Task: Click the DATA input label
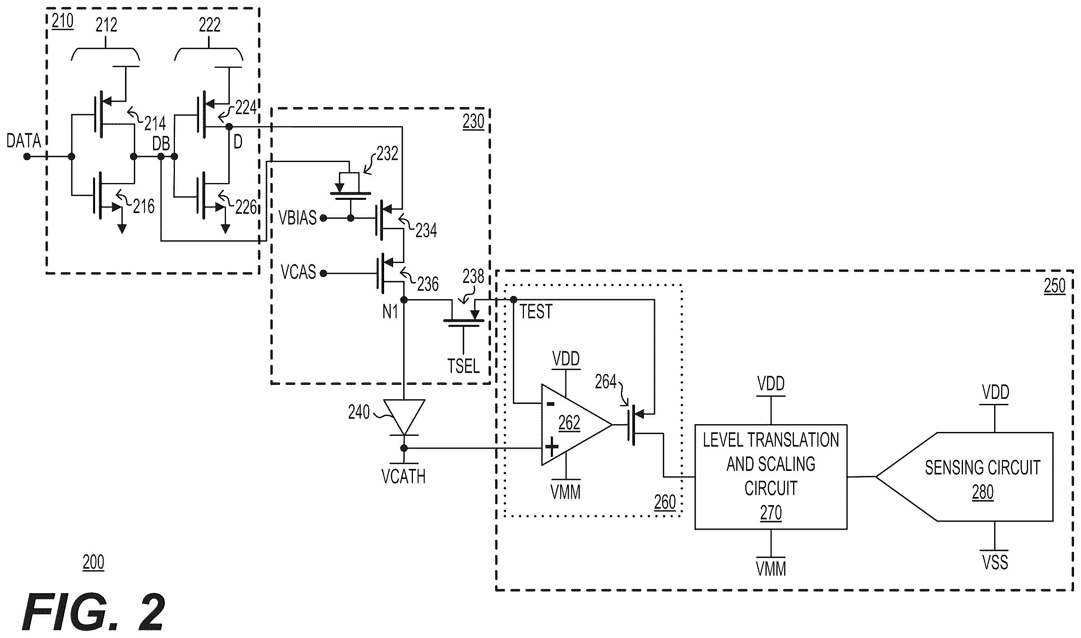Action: point(24,141)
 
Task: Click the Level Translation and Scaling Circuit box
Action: point(771,477)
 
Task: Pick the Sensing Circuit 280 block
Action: point(965,477)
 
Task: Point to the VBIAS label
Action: point(298,218)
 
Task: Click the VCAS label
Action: point(298,272)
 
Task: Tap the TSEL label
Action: point(463,366)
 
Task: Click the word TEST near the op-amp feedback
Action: point(536,312)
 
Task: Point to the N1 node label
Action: point(390,312)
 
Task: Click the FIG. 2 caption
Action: point(93,612)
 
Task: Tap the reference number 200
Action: point(93,562)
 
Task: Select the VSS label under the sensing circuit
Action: point(995,562)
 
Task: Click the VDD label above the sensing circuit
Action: point(995,392)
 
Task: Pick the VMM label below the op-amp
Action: point(566,492)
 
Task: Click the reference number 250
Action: point(1055,286)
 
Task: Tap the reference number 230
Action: point(473,122)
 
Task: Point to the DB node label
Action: point(161,144)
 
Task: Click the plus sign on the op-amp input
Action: point(552,447)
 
